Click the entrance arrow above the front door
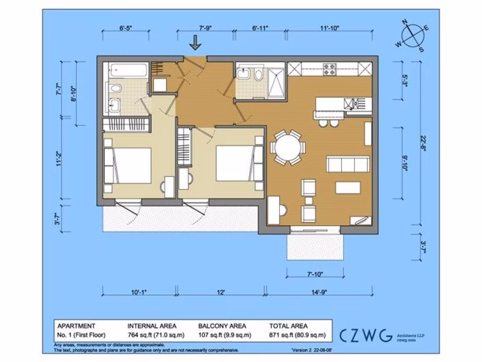tap(195, 43)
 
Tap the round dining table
tap(288, 148)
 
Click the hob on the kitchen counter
tap(329, 69)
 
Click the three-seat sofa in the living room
tap(347, 165)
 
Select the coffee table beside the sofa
tap(347, 188)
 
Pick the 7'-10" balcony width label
tap(314, 274)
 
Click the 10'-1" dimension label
tap(139, 292)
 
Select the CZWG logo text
tap(366, 335)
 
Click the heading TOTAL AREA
tap(288, 326)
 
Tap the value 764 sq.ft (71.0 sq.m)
tap(156, 335)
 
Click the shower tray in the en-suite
tap(276, 84)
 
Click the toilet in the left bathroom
tap(114, 88)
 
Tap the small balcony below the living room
tap(314, 247)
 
